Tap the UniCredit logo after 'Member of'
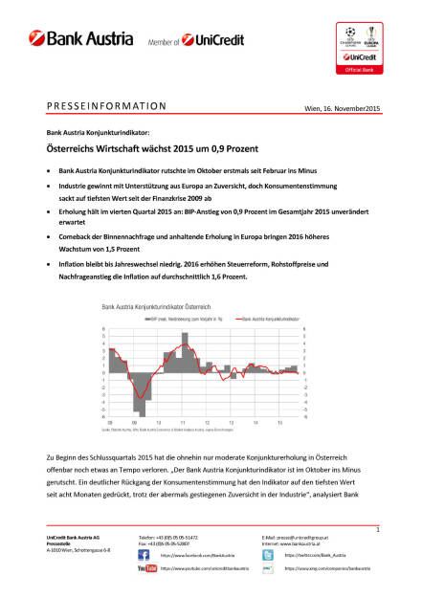(x=214, y=40)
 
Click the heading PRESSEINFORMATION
(x=106, y=106)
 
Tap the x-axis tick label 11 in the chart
(x=182, y=423)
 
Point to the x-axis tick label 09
(x=110, y=423)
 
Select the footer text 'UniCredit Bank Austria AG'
(x=76, y=539)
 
